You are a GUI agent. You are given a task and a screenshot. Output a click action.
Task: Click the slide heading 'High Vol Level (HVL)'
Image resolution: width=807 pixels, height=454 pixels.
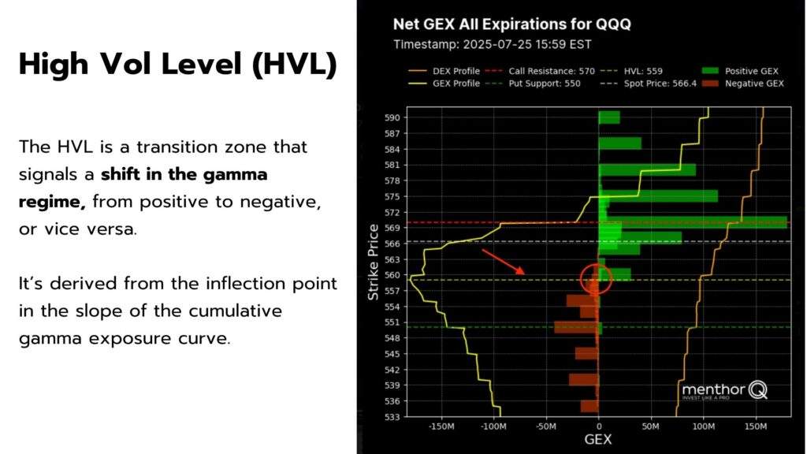point(177,65)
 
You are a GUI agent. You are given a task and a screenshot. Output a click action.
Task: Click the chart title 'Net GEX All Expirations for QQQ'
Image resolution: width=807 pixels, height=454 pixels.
point(511,24)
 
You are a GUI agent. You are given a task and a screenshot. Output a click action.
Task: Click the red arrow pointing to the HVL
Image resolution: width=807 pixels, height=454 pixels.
point(503,262)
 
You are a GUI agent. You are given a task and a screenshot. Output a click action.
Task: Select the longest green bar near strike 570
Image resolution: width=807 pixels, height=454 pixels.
point(694,221)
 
